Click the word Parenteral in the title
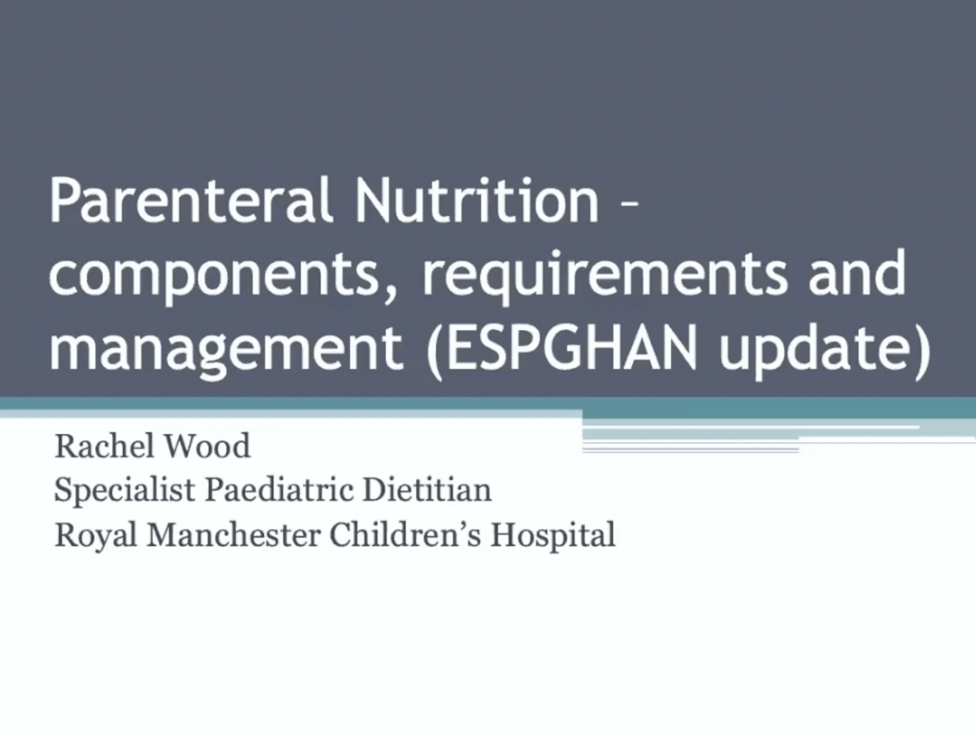191,201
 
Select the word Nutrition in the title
476,201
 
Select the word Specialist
125,491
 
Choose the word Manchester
233,535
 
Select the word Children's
405,535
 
